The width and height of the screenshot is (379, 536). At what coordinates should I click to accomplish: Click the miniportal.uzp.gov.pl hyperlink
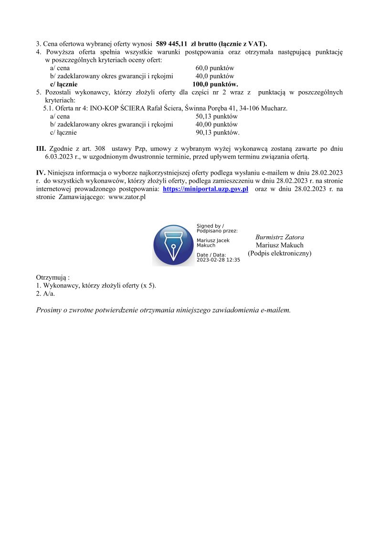click(x=205, y=189)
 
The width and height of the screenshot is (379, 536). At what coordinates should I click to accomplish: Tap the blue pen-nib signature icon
click(x=173, y=245)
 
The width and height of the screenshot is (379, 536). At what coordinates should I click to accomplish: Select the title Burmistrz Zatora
click(x=279, y=237)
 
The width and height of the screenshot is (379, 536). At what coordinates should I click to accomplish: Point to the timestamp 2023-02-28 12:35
click(x=218, y=260)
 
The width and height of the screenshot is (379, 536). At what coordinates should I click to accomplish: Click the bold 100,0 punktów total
click(x=215, y=84)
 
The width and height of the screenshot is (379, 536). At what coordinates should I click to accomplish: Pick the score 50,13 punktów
click(x=216, y=116)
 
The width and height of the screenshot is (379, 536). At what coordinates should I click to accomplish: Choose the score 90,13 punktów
click(x=217, y=133)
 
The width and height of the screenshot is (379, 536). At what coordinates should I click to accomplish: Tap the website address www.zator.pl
click(x=127, y=198)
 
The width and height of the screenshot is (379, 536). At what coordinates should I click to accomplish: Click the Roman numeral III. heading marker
click(x=41, y=149)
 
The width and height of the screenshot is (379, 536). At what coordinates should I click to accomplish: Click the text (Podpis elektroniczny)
click(x=279, y=253)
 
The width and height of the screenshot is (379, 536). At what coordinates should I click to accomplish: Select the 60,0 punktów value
click(x=214, y=68)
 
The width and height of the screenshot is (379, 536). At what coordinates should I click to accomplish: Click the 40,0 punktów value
click(x=214, y=76)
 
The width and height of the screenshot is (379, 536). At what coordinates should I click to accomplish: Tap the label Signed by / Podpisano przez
click(x=217, y=228)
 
